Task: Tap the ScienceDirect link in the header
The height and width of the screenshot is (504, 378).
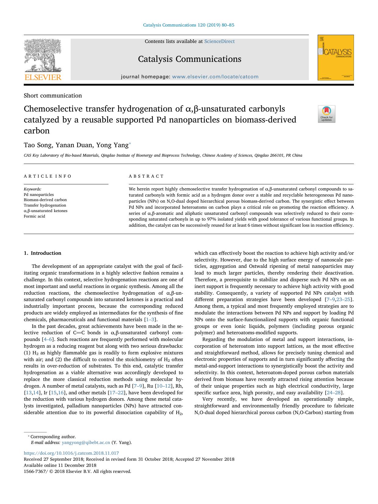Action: pos(219,41)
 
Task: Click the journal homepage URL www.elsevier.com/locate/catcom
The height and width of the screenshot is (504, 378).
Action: pos(215,77)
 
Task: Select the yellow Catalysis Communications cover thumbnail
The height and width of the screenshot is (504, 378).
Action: pos(335,58)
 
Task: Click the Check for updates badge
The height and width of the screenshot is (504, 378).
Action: pos(327,114)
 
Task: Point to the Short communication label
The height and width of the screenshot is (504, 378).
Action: pos(53,96)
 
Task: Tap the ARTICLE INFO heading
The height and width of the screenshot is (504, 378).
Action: pos(48,176)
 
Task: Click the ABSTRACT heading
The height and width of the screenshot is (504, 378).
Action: pos(146,176)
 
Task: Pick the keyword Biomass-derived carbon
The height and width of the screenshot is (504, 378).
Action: pos(45,200)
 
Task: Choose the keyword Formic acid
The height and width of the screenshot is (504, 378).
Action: pos(34,216)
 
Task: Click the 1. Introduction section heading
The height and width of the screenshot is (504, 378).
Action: pos(42,253)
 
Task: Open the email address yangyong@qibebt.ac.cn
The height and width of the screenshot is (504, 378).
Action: pos(86,443)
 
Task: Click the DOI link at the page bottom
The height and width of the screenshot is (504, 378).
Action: pos(71,453)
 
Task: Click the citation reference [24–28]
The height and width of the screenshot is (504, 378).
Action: pos(334,393)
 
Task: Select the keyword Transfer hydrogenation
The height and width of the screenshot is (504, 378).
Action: pos(45,205)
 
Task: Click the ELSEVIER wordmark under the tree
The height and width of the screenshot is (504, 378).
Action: pos(43,77)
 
